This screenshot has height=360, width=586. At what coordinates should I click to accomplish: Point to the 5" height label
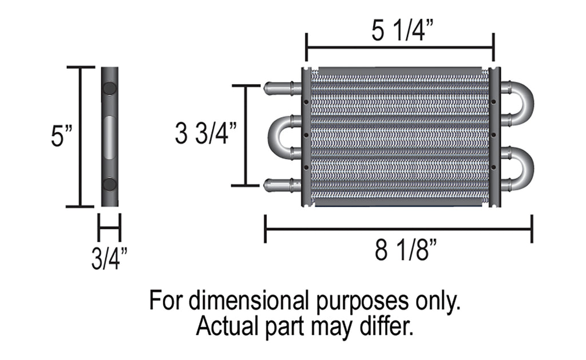click(60, 136)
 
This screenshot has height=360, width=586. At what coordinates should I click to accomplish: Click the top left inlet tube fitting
click(280, 88)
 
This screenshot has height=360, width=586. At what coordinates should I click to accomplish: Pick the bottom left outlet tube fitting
click(280, 184)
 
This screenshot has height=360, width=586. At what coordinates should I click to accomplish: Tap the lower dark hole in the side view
click(109, 184)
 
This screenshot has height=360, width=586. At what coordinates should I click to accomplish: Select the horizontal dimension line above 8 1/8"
click(398, 229)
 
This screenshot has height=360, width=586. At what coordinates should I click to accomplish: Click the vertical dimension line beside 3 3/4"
click(246, 135)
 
